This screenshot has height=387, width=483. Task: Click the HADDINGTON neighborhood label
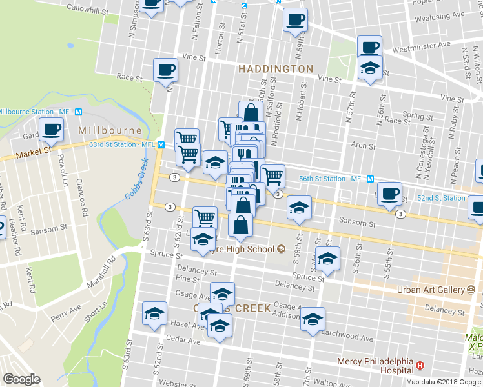pos(275,68)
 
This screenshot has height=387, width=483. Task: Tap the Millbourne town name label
pos(100,130)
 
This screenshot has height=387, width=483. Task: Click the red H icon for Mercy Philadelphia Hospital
pos(420,366)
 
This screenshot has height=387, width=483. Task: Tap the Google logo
pos(21,379)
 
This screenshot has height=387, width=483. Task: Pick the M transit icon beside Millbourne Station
pos(78,112)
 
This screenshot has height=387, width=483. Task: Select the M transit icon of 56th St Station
pos(370,178)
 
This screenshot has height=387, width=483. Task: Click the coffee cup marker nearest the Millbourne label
pos(51,129)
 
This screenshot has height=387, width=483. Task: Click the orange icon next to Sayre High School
pos(281,249)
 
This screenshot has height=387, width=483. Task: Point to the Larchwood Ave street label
pos(349,338)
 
